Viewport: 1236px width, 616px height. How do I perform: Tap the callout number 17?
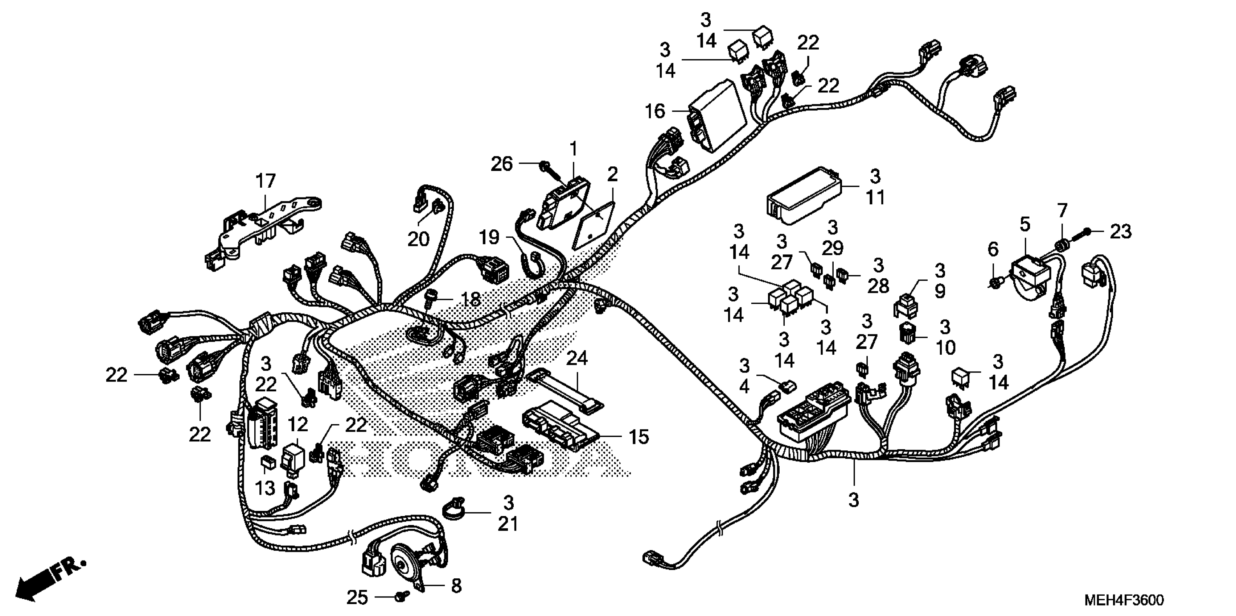pyautogui.click(x=265, y=181)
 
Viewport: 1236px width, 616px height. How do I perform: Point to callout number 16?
pyautogui.click(x=655, y=111)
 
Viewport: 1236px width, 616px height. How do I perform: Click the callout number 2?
pyautogui.click(x=612, y=175)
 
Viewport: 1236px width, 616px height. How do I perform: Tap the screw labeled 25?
pyautogui.click(x=401, y=597)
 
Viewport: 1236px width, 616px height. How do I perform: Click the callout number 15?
pyautogui.click(x=638, y=437)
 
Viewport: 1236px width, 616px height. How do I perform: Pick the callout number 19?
pyautogui.click(x=489, y=237)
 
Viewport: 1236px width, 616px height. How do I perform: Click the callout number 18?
pyautogui.click(x=471, y=300)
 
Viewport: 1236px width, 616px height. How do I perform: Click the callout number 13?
pyautogui.click(x=264, y=488)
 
